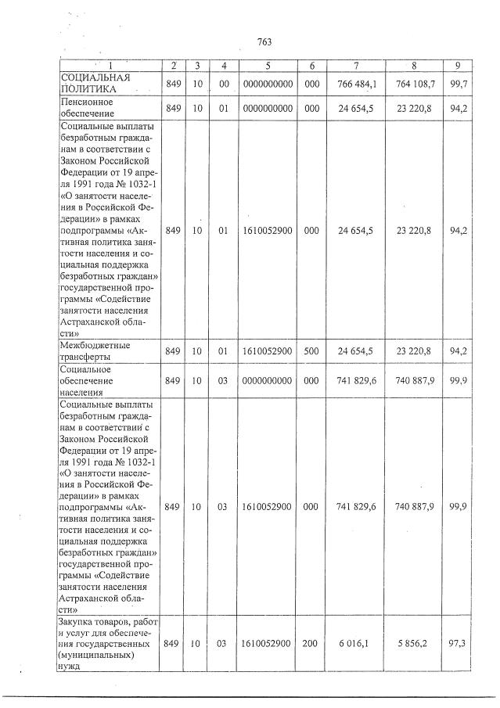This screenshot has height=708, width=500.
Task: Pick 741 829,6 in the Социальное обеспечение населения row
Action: click(356, 380)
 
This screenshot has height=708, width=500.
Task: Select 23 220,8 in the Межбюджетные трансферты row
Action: click(415, 351)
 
